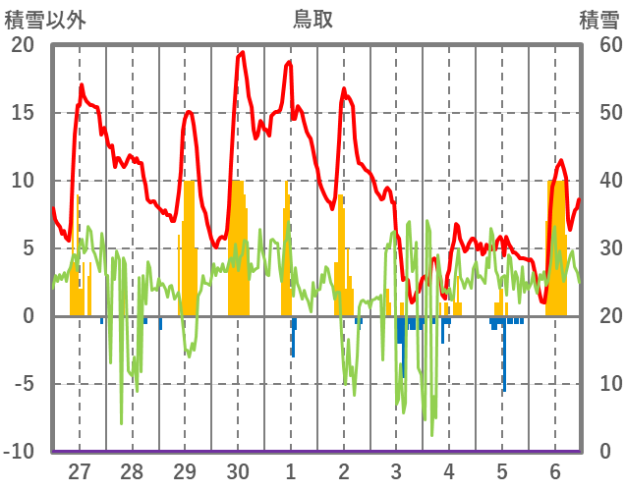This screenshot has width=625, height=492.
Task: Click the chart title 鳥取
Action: (x=313, y=19)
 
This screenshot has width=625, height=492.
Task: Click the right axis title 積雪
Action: (x=598, y=19)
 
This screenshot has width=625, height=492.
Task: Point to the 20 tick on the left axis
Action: (x=22, y=45)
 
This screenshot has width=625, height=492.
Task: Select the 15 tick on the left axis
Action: (x=22, y=113)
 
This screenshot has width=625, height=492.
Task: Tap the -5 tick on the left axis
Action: (x=22, y=384)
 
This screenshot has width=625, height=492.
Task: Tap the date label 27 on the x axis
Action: (x=79, y=471)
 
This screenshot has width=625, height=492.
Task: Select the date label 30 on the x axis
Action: (x=237, y=471)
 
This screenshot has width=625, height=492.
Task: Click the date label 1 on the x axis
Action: (x=290, y=471)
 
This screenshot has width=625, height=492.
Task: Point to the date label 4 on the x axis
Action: (x=449, y=471)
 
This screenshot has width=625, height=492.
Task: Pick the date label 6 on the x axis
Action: (x=554, y=471)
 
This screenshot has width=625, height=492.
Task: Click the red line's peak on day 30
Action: (x=242, y=52)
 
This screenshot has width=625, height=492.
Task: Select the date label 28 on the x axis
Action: (x=132, y=471)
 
